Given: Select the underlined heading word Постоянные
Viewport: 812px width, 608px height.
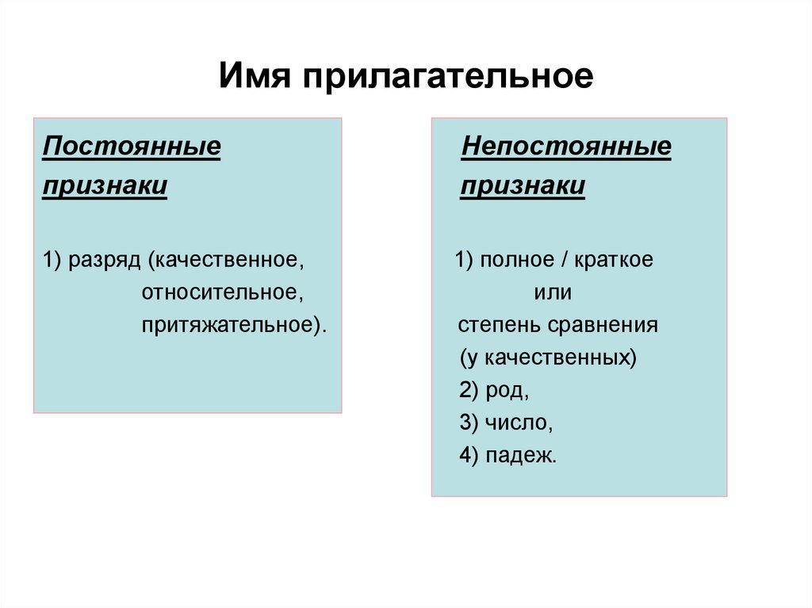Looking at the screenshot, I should point(131,147).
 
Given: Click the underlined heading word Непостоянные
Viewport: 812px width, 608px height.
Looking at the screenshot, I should point(566,147).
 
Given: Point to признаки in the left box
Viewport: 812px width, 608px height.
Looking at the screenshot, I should point(105,186).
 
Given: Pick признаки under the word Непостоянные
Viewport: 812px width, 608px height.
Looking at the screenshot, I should point(523,186).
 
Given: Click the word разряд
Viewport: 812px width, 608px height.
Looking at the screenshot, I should point(105,261).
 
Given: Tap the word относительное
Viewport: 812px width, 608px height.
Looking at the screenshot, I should point(224,293).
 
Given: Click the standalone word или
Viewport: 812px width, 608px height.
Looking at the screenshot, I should point(553,293).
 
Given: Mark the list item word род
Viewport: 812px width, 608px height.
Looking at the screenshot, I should point(504,391).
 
